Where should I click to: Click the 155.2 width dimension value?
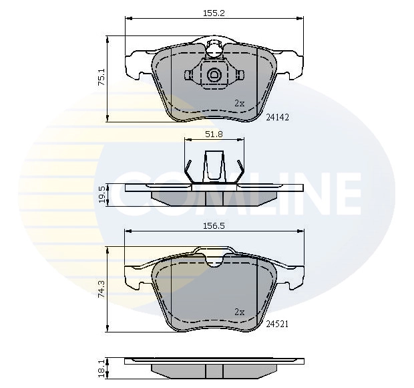(x=214, y=12)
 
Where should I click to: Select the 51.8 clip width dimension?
(x=213, y=134)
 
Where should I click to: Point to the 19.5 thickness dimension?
(x=102, y=195)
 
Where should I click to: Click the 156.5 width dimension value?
(x=214, y=225)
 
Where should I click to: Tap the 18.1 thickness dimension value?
(x=101, y=367)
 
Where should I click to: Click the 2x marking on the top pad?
(x=240, y=103)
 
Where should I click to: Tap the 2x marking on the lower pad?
(x=240, y=311)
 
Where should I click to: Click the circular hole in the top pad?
(x=214, y=75)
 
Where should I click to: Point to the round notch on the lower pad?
(x=214, y=260)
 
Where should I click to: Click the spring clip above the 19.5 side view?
(x=214, y=167)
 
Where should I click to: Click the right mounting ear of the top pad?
(x=291, y=65)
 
